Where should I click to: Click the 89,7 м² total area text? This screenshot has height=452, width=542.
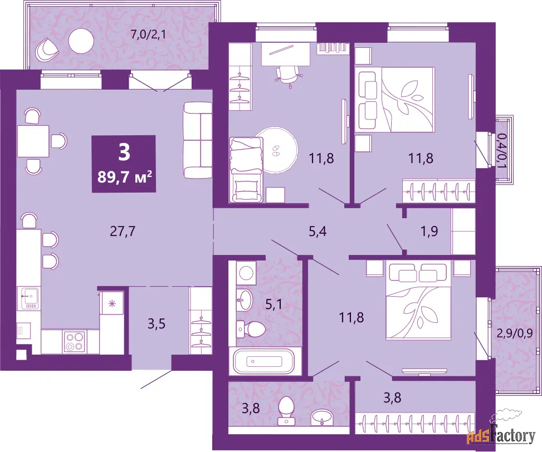[x=124, y=177]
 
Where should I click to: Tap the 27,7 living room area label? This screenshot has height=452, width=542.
[x=123, y=232]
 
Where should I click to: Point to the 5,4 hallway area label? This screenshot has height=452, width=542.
[x=318, y=232]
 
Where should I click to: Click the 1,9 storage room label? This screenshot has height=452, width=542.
[x=429, y=231]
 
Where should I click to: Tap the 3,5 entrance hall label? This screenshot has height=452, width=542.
[x=157, y=324]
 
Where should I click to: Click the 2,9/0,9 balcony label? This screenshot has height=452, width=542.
[x=514, y=333]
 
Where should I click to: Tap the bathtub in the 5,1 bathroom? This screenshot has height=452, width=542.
[x=263, y=361]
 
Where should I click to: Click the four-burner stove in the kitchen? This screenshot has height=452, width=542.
[x=74, y=341]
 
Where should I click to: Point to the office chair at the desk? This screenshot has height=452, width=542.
[x=287, y=76]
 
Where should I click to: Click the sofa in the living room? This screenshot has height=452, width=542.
[x=197, y=140]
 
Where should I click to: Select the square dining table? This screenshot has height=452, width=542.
[x=33, y=141]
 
